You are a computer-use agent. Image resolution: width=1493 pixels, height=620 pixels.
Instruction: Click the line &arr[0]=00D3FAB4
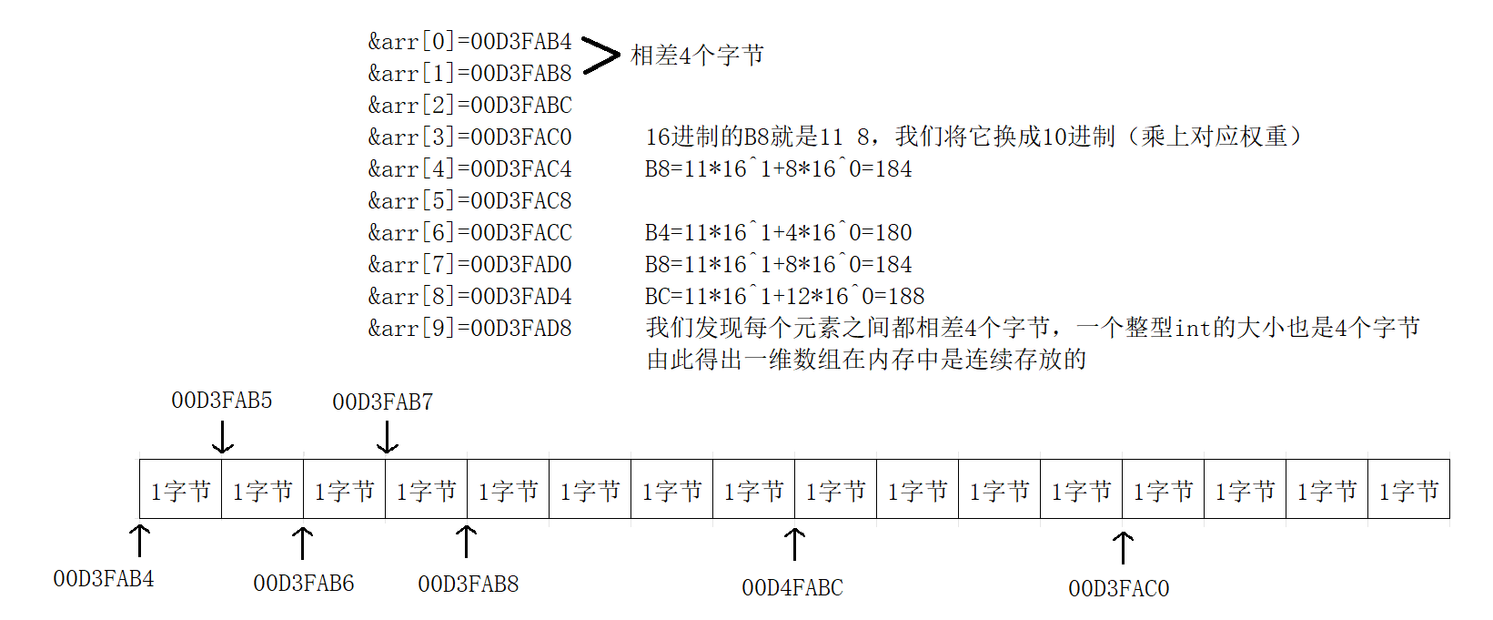pos(469,42)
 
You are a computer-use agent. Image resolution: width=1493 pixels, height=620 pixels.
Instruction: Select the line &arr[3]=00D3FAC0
pos(469,137)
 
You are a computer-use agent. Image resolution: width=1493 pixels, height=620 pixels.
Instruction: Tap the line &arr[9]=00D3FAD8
pos(469,329)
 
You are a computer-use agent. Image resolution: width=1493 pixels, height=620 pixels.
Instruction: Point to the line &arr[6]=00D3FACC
pos(469,233)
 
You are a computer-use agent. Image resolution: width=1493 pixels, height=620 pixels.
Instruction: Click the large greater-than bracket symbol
pos(600,56)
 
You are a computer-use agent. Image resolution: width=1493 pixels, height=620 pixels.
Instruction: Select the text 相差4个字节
pos(697,56)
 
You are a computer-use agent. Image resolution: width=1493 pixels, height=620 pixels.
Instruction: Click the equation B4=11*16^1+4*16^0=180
pos(778,233)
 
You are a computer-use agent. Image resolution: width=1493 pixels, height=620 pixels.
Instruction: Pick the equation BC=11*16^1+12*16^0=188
pos(784,297)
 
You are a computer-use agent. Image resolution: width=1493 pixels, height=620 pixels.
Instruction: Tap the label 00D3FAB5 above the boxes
pos(222,401)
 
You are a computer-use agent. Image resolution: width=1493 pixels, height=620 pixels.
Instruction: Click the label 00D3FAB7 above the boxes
pos(383,402)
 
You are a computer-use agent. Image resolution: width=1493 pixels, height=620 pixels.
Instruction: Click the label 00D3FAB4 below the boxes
pos(104,579)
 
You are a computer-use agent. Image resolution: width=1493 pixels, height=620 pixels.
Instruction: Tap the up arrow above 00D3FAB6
pos(302,543)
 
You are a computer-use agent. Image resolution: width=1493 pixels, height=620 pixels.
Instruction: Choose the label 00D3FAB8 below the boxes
pos(469,584)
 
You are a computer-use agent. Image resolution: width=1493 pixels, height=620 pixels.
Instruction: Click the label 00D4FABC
pos(792,588)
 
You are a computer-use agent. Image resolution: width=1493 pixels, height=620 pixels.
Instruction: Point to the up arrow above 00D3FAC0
pos(1124,548)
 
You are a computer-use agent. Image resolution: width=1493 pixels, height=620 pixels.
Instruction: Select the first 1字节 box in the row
pos(180,491)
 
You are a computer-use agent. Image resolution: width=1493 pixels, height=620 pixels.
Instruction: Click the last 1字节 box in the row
pos(1408,491)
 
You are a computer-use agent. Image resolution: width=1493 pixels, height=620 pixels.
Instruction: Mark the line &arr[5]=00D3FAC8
pos(469,201)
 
